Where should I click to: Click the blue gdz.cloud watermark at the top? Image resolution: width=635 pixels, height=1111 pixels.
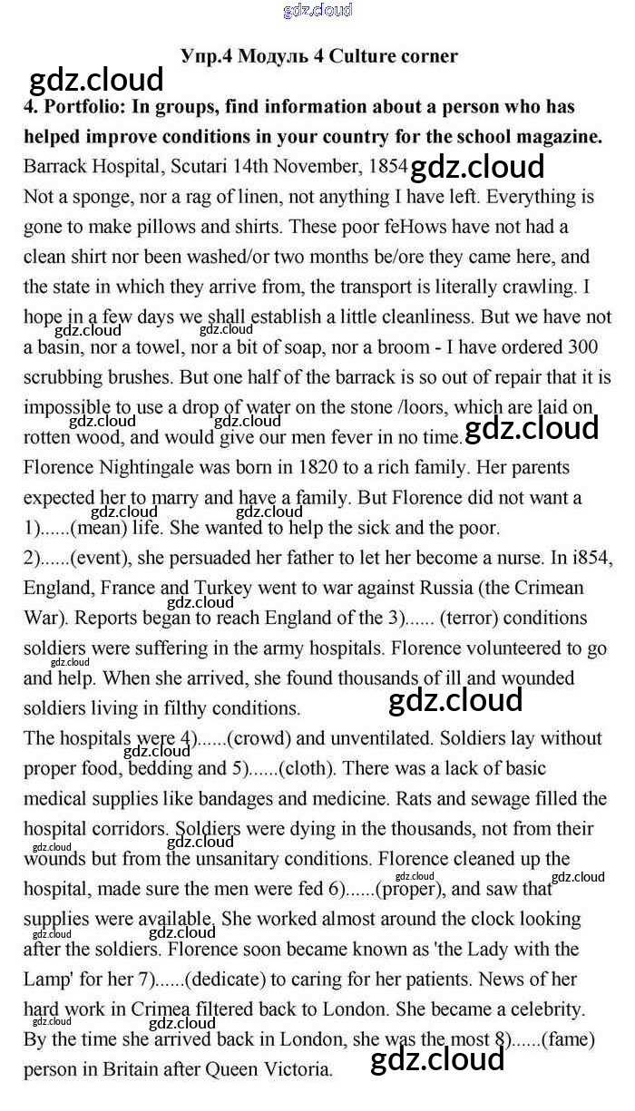[317, 11]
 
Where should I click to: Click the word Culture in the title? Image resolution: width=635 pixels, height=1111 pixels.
[361, 56]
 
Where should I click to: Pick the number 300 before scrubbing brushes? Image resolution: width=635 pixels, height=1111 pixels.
[581, 347]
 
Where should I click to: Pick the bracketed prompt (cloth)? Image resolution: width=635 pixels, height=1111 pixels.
[308, 768]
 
